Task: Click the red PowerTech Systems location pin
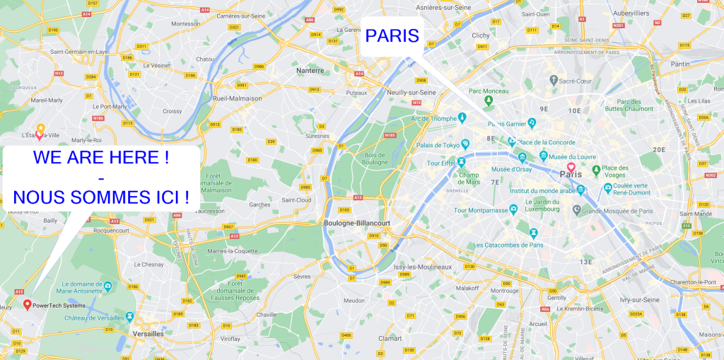tap(27, 305)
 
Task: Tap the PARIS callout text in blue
tap(392, 36)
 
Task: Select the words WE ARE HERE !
tap(101, 158)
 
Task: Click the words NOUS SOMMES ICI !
tap(101, 197)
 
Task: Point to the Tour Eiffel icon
tap(461, 161)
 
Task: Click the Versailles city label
tap(148, 333)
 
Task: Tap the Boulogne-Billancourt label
tap(356, 223)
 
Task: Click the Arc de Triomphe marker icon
tap(462, 117)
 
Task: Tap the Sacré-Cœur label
tap(575, 81)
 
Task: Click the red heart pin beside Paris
tap(571, 167)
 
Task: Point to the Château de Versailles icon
tap(129, 316)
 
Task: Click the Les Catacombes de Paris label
tap(508, 245)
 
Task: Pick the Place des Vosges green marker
tap(596, 170)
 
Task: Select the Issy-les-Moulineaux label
tap(422, 267)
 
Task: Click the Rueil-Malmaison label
tap(237, 98)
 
